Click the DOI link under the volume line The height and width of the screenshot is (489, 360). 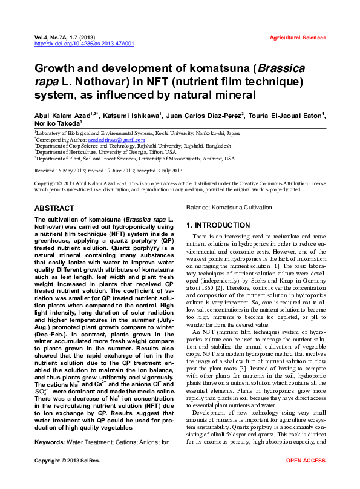point(84,44)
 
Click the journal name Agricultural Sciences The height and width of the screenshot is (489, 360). point(297,38)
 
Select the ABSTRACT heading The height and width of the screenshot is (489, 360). point(54,208)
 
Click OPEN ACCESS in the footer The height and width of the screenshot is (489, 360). point(306,478)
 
